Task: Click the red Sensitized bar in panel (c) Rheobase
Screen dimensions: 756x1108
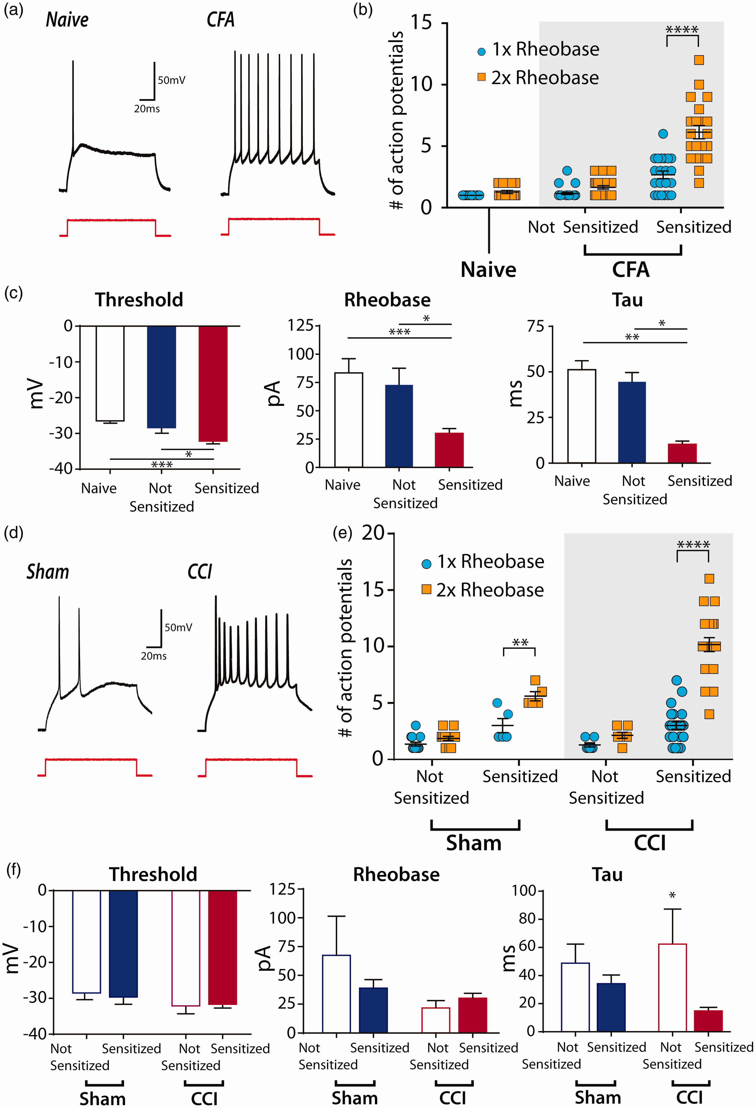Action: tap(449, 450)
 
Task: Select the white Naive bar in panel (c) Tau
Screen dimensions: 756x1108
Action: tap(582, 416)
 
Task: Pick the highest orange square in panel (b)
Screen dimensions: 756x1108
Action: tap(699, 60)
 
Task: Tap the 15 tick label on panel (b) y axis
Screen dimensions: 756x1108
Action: tap(421, 22)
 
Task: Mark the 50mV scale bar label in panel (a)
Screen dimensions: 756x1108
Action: tap(172, 80)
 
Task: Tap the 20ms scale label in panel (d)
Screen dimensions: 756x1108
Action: tap(154, 656)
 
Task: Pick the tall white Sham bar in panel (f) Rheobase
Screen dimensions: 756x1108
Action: tap(337, 994)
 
